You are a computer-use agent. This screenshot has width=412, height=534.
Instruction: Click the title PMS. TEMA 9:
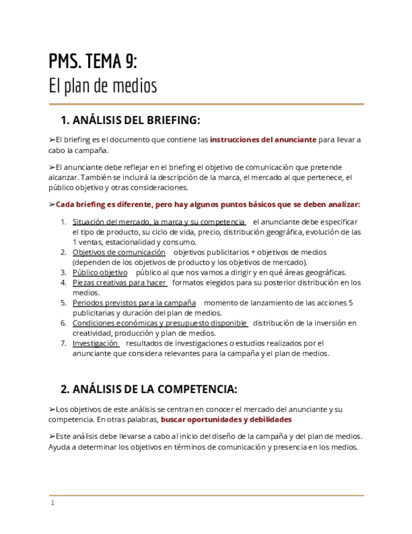pyautogui.click(x=92, y=62)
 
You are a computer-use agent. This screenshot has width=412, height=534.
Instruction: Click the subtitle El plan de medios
pyautogui.click(x=103, y=86)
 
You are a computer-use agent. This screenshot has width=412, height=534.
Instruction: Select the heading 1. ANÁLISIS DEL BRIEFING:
pyautogui.click(x=130, y=120)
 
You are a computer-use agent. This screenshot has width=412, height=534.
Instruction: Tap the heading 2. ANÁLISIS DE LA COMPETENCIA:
pyautogui.click(x=148, y=389)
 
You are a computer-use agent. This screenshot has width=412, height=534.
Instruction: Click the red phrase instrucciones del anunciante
pyautogui.click(x=263, y=140)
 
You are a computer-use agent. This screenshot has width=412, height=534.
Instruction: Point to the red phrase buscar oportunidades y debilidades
pyautogui.click(x=226, y=419)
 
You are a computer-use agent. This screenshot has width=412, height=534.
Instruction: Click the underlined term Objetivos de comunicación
pyautogui.click(x=119, y=253)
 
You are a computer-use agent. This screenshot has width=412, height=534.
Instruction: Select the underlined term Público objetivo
pyautogui.click(x=100, y=273)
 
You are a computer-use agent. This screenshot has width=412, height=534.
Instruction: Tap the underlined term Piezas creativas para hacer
pyautogui.click(x=119, y=283)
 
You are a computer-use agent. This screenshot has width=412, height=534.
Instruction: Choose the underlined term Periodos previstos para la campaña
pyautogui.click(x=134, y=303)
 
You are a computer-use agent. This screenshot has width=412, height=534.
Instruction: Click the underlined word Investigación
pyautogui.click(x=95, y=343)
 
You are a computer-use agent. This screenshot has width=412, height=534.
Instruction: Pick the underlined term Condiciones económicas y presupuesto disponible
pyautogui.click(x=159, y=323)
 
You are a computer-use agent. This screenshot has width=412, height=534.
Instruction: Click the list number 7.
pyautogui.click(x=63, y=343)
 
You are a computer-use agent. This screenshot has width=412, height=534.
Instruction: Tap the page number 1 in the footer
pyautogui.click(x=52, y=503)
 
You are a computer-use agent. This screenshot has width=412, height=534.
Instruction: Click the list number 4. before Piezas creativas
pyautogui.click(x=63, y=283)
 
